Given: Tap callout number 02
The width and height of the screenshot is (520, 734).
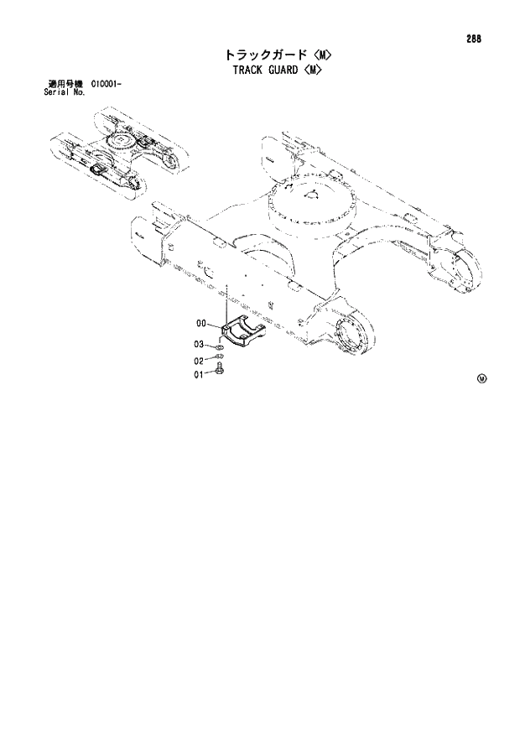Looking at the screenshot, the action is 200,362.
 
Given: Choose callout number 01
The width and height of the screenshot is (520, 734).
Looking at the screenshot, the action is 200,375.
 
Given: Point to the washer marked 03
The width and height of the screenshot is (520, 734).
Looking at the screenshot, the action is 218,346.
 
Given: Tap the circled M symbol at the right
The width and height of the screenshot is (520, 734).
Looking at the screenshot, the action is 481,377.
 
